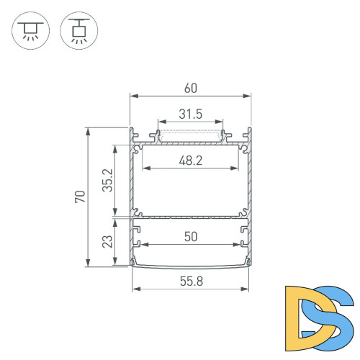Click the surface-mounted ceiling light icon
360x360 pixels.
[30, 31]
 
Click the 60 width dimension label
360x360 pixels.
[191, 88]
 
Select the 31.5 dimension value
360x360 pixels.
[191, 113]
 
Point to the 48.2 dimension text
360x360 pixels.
[191, 162]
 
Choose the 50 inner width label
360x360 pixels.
[191, 237]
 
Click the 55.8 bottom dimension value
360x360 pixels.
[191, 282]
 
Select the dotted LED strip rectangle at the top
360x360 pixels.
[191, 134]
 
